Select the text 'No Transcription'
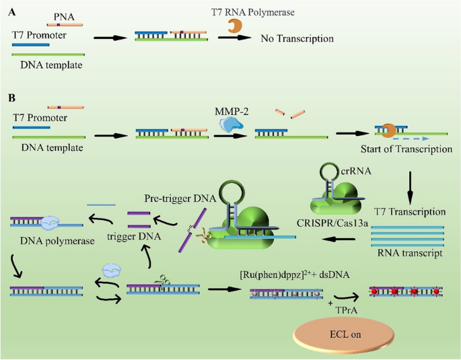(297, 39)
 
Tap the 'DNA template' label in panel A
(50, 65)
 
